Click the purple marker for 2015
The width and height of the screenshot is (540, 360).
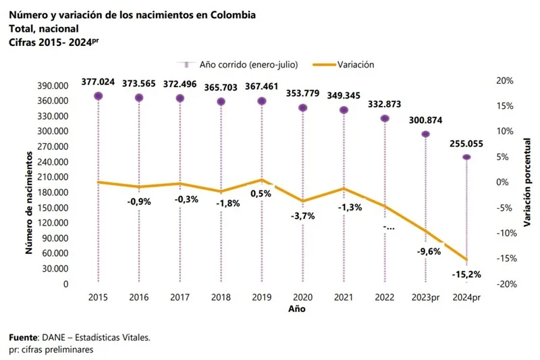point(99,96)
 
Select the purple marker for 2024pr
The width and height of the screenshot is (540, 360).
point(466,157)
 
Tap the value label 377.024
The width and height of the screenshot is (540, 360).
point(99,82)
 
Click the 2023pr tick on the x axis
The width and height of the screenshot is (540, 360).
point(425,297)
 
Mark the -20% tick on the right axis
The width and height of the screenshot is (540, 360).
point(505,284)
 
